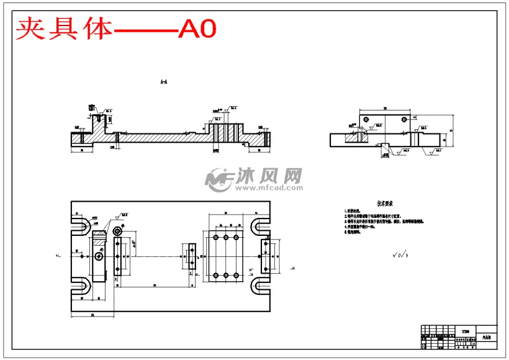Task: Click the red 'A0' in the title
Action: click(197, 29)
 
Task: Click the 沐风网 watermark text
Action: click(268, 176)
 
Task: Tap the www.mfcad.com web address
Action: click(268, 187)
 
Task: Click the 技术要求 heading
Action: click(385, 203)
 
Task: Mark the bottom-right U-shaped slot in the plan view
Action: click(261, 286)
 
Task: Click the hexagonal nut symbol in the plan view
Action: click(117, 231)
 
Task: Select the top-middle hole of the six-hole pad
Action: click(225, 238)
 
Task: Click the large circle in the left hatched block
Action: click(99, 256)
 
